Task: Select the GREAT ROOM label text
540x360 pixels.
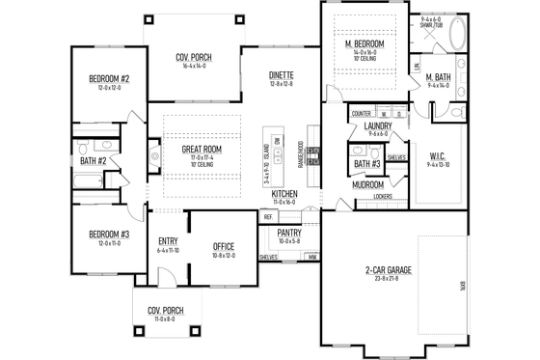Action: coord(203,150)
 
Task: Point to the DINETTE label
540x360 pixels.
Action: coord(282,75)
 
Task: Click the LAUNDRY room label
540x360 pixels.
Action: coord(377,125)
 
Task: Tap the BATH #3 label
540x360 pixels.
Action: coord(366,164)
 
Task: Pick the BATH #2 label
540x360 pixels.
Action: coord(93,160)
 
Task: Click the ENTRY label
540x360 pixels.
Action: coord(168,241)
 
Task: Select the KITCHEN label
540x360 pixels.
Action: coord(283,195)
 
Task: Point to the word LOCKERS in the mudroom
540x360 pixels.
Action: coord(382,197)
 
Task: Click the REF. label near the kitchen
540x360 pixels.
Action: coord(267,217)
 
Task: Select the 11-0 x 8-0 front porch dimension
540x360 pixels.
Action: coord(166,319)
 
